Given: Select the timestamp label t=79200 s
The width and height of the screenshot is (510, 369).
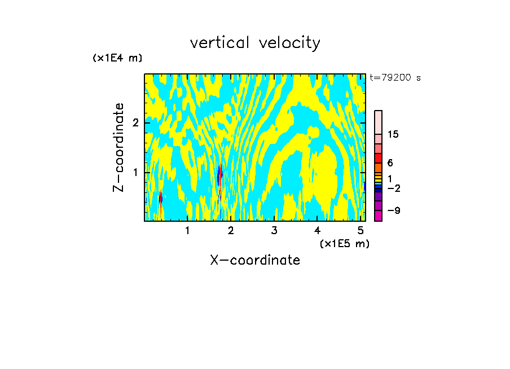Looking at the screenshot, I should click(395, 78).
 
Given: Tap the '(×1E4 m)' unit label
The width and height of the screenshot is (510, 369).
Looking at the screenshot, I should click(117, 58).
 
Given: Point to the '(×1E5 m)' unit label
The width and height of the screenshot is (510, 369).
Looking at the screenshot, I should click(344, 243).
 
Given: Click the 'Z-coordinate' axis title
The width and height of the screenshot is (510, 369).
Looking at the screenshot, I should click(118, 147).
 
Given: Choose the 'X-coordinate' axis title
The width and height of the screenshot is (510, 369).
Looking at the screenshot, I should click(255, 260).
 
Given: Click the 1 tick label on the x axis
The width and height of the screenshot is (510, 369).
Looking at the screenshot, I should click(187, 231).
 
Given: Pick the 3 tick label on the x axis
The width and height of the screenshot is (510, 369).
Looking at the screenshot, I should click(274, 231).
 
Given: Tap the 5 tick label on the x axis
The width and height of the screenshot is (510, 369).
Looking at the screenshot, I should click(360, 231).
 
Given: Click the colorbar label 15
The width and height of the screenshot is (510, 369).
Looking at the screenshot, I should click(393, 134).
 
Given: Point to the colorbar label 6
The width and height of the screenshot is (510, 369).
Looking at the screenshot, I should click(390, 162).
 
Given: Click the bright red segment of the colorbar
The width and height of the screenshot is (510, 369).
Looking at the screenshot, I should click(378, 158).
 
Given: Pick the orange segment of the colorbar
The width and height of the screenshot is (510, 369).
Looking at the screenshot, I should click(378, 168).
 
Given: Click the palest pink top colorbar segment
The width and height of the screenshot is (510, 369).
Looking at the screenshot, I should click(378, 122).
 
